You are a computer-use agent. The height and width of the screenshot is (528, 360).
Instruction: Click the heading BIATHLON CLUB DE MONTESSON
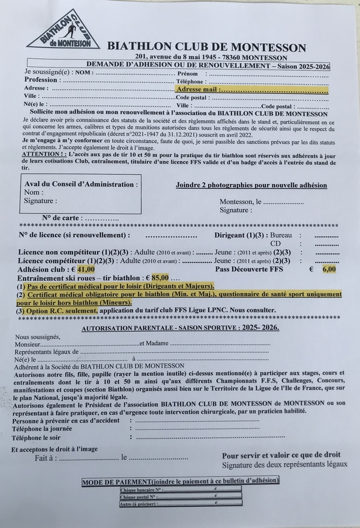pos(206,47)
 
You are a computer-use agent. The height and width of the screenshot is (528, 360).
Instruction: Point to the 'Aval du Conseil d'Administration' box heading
pos(81,184)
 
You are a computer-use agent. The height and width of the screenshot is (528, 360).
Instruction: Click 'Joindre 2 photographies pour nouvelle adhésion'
pos(251,185)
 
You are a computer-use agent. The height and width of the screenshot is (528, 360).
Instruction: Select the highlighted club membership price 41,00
pos(85,270)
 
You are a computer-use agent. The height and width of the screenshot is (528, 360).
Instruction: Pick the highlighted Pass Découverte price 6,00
pos(329,270)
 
